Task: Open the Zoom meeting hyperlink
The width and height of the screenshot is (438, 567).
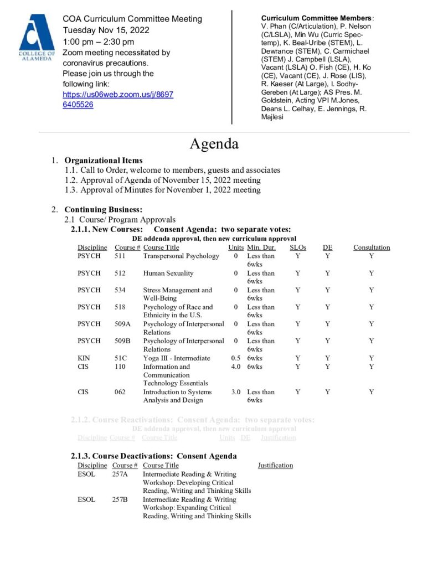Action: pyautogui.click(x=117, y=100)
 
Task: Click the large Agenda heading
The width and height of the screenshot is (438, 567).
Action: pyautogui.click(x=214, y=144)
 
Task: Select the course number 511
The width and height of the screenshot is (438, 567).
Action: pyautogui.click(x=120, y=256)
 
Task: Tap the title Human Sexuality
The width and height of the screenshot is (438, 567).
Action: pyautogui.click(x=168, y=273)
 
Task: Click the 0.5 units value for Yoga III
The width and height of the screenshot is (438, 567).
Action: pyautogui.click(x=236, y=358)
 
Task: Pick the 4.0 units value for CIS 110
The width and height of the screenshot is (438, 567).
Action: pyautogui.click(x=236, y=367)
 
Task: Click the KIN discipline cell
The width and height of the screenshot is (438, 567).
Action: pyautogui.click(x=84, y=358)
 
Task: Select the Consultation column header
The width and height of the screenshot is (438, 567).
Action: pyautogui.click(x=372, y=248)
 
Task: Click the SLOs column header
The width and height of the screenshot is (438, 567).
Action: pyautogui.click(x=298, y=248)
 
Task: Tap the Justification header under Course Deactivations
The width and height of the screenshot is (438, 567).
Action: pyautogui.click(x=275, y=466)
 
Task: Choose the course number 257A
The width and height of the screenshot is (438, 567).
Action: pyautogui.click(x=120, y=475)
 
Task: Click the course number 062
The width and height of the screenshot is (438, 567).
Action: pyautogui.click(x=120, y=392)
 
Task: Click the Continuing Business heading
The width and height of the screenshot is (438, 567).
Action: pyautogui.click(x=104, y=210)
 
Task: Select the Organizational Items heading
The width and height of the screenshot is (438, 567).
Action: pyautogui.click(x=104, y=161)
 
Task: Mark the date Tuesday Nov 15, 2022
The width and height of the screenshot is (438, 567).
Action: pyautogui.click(x=106, y=30)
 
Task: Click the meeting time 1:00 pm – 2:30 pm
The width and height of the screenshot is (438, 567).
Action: pyautogui.click(x=98, y=42)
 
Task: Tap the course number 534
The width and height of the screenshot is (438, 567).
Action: pyautogui.click(x=120, y=290)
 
